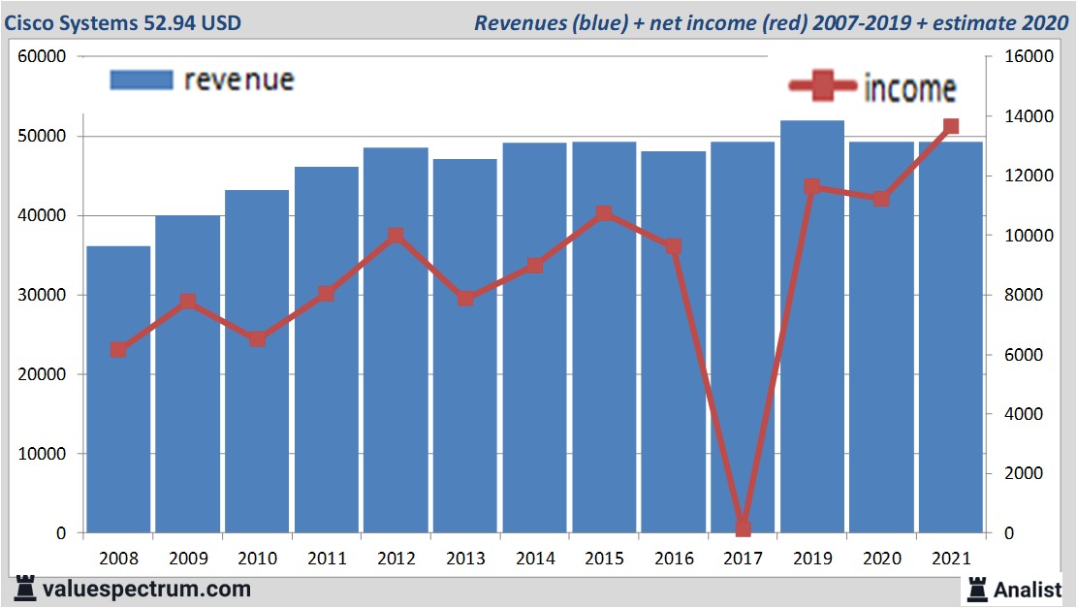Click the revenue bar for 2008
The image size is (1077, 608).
(118, 388)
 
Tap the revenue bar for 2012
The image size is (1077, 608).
(396, 339)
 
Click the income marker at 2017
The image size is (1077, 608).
(744, 528)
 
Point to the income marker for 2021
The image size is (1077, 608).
(951, 126)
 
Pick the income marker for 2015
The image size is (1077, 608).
(604, 213)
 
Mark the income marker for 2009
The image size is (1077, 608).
(188, 302)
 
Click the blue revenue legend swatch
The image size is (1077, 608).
(142, 80)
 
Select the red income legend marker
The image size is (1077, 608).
(823, 87)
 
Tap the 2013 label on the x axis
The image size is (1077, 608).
(465, 559)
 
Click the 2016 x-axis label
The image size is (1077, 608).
(674, 559)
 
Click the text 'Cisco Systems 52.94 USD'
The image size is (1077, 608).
(122, 22)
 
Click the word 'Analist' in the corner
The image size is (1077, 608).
(1029, 589)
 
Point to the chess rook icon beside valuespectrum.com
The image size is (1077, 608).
(24, 588)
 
